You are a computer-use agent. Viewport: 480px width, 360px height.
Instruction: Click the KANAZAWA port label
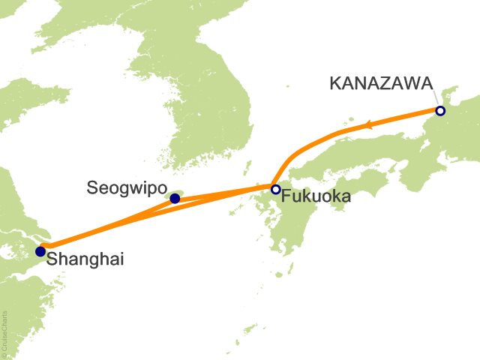(382, 83)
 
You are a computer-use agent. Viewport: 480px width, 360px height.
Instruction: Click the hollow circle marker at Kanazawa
(440, 111)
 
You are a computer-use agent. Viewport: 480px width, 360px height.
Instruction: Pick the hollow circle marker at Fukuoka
(275, 189)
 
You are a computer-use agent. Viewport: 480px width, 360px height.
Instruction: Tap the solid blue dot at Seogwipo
(175, 199)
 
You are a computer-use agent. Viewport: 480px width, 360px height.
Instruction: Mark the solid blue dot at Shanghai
(40, 251)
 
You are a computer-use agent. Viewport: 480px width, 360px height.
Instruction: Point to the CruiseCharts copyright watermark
(6, 334)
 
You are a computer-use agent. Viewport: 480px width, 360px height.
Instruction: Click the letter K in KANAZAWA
(335, 83)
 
